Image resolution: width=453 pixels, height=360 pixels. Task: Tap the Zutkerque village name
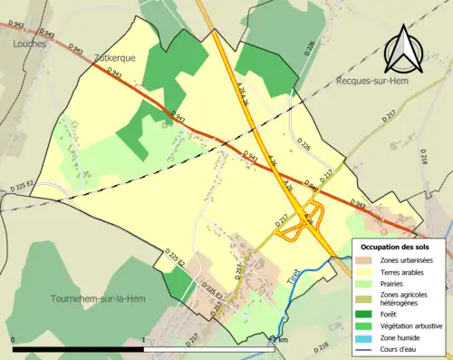coord(115,56)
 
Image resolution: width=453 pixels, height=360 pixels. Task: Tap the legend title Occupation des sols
coord(400,246)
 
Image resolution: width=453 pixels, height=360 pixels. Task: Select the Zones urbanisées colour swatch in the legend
coord(365,261)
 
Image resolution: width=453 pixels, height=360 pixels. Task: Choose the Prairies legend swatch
coord(365,284)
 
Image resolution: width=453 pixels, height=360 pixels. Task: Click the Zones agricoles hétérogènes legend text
coord(407,300)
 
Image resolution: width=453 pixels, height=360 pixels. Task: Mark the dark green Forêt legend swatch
coord(365,316)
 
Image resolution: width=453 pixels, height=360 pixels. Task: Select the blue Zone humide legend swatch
coord(365,340)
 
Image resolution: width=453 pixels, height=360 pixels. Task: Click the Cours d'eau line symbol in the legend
coord(365,351)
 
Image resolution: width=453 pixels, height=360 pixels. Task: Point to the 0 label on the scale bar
coord(13,339)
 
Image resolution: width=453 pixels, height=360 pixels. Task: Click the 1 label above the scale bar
coord(144,339)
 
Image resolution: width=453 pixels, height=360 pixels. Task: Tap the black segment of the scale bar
coord(78,347)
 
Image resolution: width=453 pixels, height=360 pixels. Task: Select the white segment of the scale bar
coord(208,347)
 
